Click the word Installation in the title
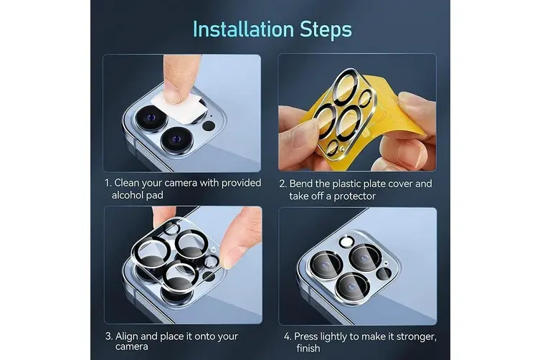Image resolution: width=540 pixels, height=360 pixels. pyautogui.click(x=243, y=29)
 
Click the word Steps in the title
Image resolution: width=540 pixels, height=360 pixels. pyautogui.click(x=326, y=30)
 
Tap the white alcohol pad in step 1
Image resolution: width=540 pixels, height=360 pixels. pyautogui.click(x=180, y=107)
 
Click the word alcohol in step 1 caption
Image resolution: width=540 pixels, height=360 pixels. pyautogui.click(x=128, y=195)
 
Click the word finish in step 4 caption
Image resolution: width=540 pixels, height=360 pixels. pyautogui.click(x=308, y=349)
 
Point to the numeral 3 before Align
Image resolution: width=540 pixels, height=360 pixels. pyautogui.click(x=108, y=336)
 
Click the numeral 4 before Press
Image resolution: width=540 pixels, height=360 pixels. pyautogui.click(x=287, y=336)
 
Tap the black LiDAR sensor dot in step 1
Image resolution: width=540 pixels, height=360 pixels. pyautogui.click(x=209, y=125)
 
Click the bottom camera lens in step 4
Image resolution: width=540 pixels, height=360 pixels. pyautogui.click(x=352, y=287)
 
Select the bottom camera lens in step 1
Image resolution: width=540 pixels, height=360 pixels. pyautogui.click(x=176, y=140)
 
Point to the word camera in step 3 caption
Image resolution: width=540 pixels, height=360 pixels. pyautogui.click(x=131, y=346)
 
